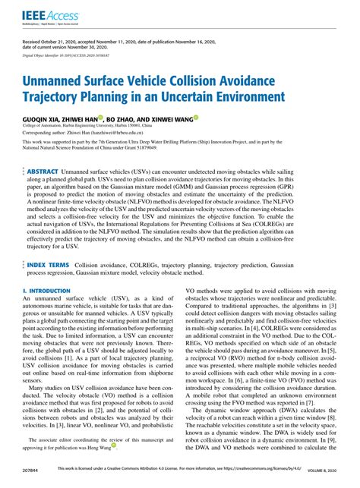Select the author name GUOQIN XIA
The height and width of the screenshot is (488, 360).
tap(45, 119)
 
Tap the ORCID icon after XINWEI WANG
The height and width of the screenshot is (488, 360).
tap(196, 118)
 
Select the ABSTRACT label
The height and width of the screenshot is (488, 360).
tap(49, 174)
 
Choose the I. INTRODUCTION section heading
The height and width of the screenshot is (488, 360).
tap(46, 291)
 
